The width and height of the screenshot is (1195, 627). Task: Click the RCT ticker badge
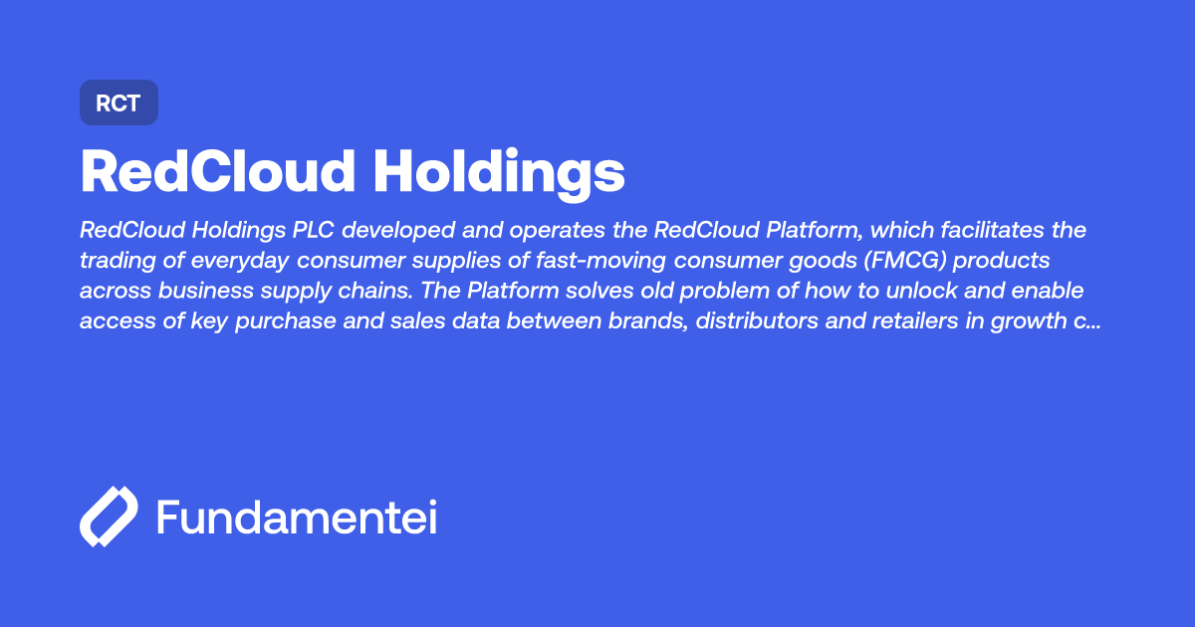(119, 103)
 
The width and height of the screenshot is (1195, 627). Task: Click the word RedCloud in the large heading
(217, 172)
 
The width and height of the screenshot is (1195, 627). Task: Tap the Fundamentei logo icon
(109, 518)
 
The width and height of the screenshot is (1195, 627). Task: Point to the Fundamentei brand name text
(297, 519)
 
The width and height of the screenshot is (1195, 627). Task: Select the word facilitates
(977, 231)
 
